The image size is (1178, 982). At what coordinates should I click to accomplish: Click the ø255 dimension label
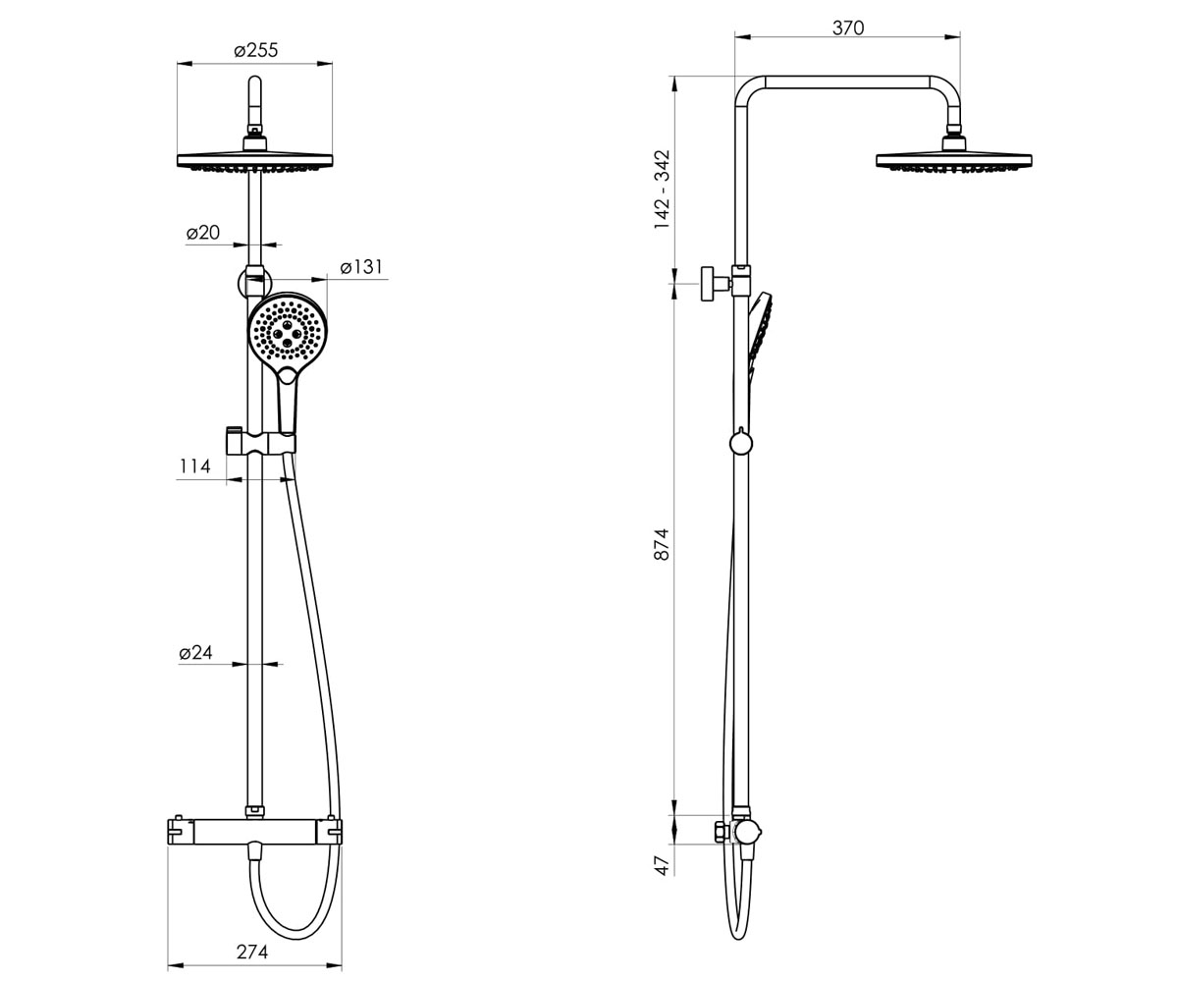point(256,51)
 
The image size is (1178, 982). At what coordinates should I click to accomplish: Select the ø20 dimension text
point(203,233)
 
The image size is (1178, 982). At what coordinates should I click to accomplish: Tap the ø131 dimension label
point(361,267)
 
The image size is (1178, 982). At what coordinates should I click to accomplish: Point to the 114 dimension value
point(194,466)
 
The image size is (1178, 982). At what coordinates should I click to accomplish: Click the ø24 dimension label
point(195,652)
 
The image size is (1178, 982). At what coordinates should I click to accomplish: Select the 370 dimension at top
point(848,28)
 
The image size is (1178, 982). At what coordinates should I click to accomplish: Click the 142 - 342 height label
point(662,190)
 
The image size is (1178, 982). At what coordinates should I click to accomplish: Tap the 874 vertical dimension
point(662,544)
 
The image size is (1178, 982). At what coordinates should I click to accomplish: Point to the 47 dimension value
point(662,865)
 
